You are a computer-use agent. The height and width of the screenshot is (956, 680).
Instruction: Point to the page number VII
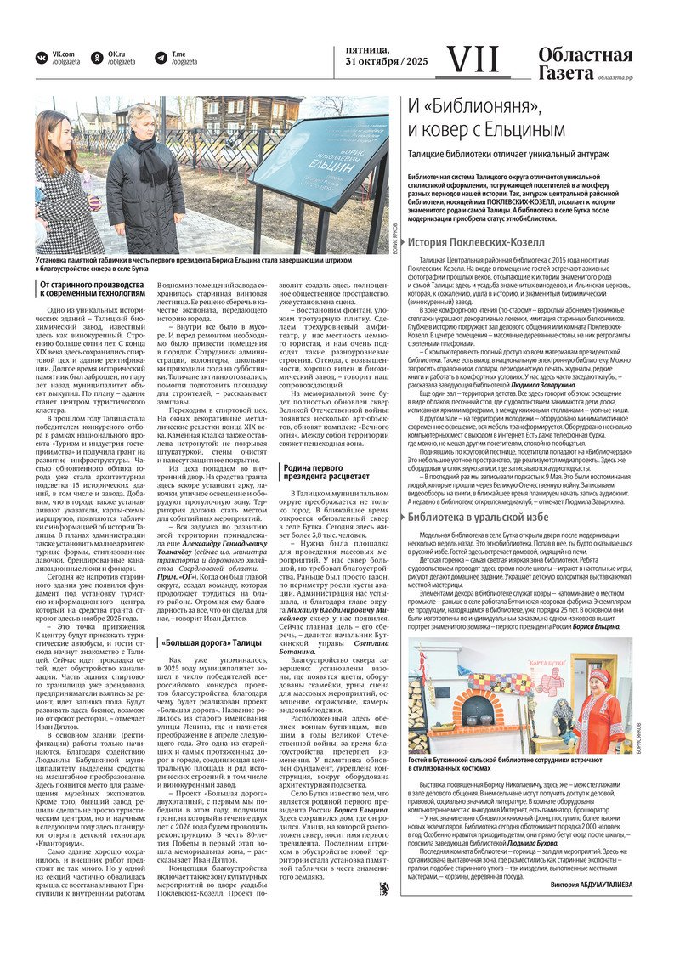click(x=473, y=59)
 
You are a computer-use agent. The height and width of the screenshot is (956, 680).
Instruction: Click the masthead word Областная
click(x=585, y=55)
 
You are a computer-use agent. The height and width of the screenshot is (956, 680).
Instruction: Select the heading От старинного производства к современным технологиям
click(x=90, y=289)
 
